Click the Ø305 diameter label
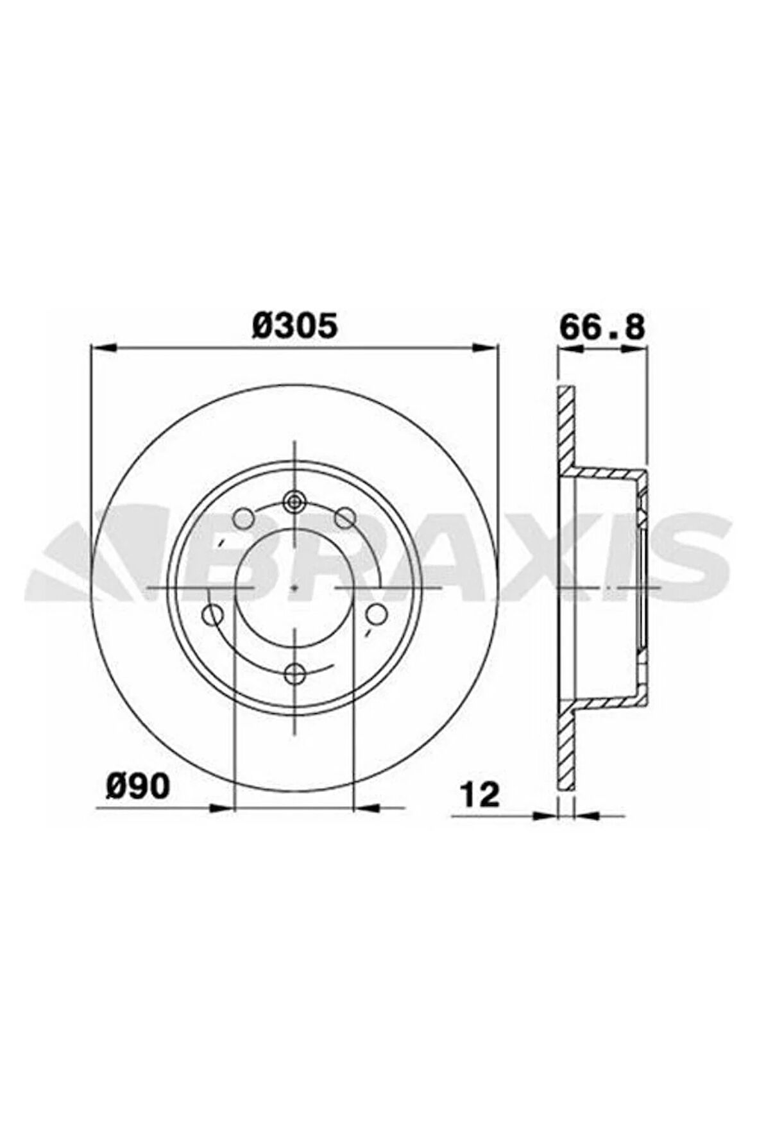tap(294, 326)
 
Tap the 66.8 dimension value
tap(601, 326)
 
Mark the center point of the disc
tap(294, 587)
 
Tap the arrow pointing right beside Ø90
tap(218, 808)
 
